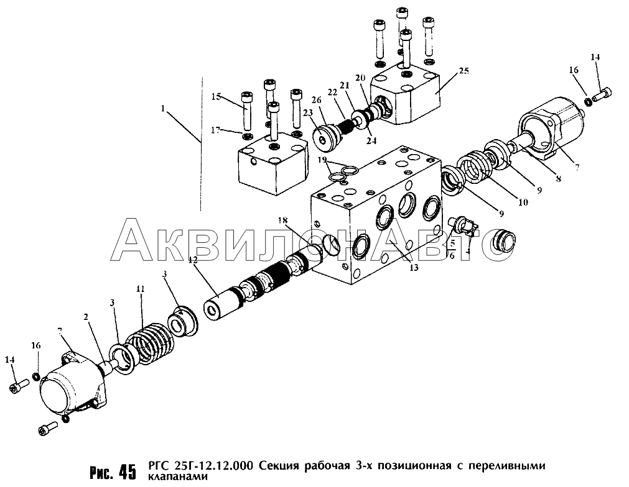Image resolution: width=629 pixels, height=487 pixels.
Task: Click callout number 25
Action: [464, 71]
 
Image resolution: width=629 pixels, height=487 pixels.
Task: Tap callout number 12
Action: [193, 260]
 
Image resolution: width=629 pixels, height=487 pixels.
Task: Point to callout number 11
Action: [141, 289]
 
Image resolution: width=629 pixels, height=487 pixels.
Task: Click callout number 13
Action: [414, 267]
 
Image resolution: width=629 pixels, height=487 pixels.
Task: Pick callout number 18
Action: [283, 220]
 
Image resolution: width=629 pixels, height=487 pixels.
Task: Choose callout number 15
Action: [217, 96]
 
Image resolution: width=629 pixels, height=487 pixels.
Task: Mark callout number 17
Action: [216, 130]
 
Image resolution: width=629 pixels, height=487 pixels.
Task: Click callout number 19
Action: [322, 161]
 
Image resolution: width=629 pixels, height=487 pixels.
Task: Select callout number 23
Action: [308, 113]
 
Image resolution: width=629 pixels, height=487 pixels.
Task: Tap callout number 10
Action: [523, 203]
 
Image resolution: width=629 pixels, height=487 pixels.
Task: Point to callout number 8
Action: [558, 180]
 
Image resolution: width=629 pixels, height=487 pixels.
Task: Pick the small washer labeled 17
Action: [246, 138]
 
